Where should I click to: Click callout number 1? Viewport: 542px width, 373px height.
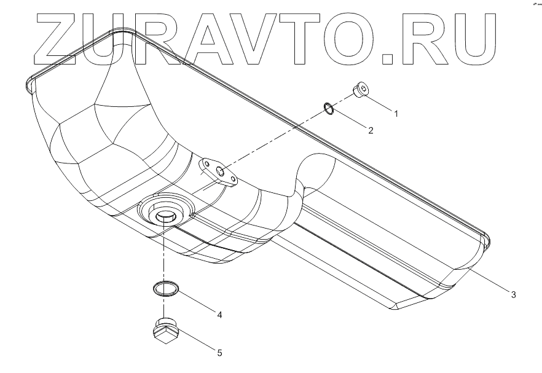pyautogui.click(x=396, y=114)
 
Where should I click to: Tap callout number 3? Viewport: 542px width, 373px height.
pyautogui.click(x=513, y=294)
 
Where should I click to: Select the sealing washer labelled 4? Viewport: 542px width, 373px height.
pyautogui.click(x=164, y=288)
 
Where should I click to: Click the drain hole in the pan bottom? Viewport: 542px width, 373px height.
pyautogui.click(x=164, y=216)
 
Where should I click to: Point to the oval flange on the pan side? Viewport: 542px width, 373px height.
pyautogui.click(x=219, y=172)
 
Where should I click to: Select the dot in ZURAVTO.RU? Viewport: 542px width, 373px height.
pyautogui.click(x=388, y=58)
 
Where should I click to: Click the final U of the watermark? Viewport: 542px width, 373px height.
pyautogui.click(x=466, y=38)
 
